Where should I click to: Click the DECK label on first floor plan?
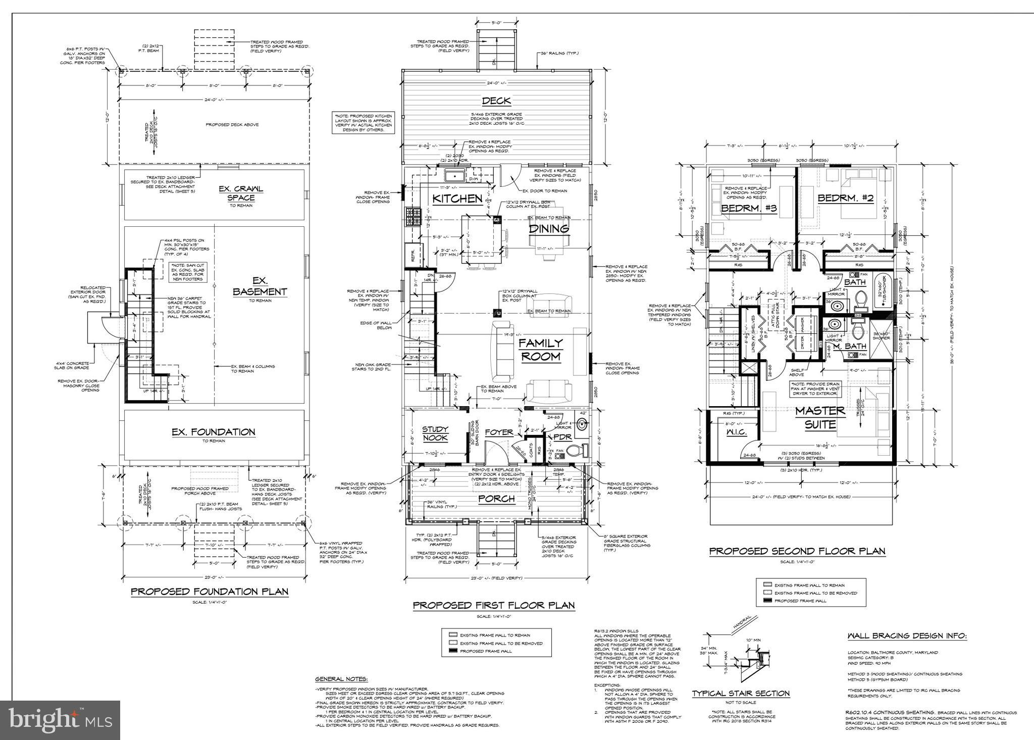pyautogui.click(x=496, y=101)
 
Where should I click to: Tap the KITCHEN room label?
pyautogui.click(x=458, y=199)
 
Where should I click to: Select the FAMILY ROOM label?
pyautogui.click(x=541, y=350)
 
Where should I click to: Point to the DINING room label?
pyautogui.click(x=549, y=228)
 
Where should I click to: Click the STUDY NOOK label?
pyautogui.click(x=435, y=433)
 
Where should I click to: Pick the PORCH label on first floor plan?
pyautogui.click(x=497, y=499)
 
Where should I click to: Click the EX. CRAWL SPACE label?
pyautogui.click(x=241, y=193)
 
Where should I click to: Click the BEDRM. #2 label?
pyautogui.click(x=838, y=199)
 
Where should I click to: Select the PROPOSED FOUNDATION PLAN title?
pyautogui.click(x=210, y=591)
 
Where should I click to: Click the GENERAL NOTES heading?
pyautogui.click(x=341, y=679)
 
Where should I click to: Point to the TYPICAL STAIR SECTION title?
pyautogui.click(x=741, y=694)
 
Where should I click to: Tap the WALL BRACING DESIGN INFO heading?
pyautogui.click(x=907, y=636)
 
